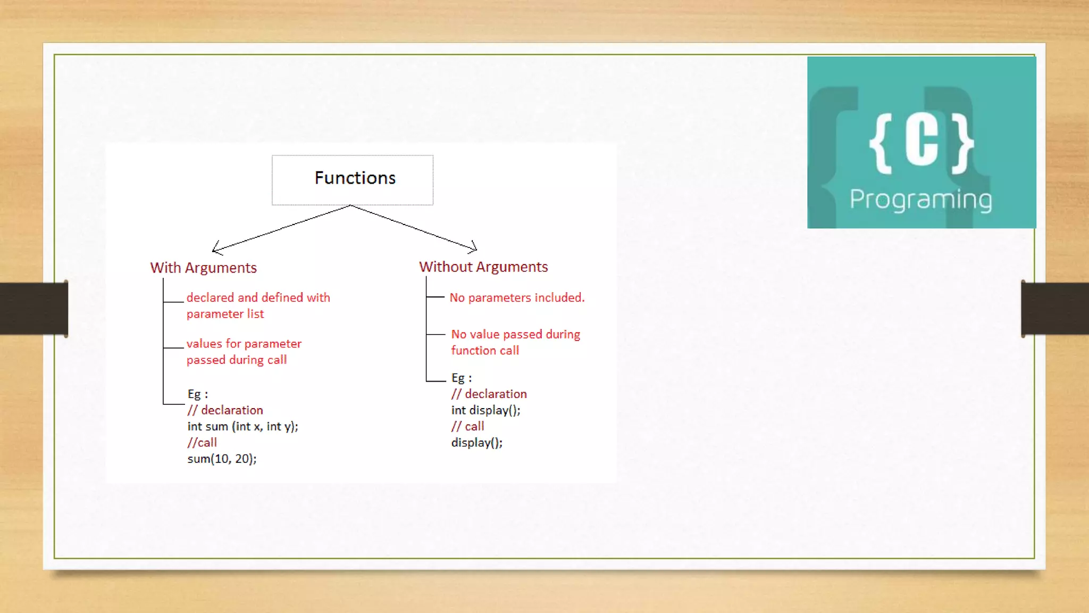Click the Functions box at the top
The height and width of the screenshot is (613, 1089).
353,179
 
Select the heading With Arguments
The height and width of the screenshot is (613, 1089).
203,268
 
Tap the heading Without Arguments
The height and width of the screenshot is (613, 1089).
483,267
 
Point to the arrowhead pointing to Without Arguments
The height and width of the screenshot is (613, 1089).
474,248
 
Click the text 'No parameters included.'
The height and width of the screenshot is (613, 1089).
517,297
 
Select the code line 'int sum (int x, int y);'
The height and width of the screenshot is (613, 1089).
242,426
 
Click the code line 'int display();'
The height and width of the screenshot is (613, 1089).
485,410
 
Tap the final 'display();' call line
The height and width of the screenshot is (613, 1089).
476,443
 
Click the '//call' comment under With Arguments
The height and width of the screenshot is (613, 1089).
202,442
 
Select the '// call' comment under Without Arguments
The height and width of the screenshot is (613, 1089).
467,426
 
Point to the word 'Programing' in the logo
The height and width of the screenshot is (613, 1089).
920,200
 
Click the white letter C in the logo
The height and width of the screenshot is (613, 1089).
922,141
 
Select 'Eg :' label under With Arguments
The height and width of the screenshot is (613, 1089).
197,394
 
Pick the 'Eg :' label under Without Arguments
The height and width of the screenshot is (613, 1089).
461,378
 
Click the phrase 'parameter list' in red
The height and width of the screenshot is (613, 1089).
225,314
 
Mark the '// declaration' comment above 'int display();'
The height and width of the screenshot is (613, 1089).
489,394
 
